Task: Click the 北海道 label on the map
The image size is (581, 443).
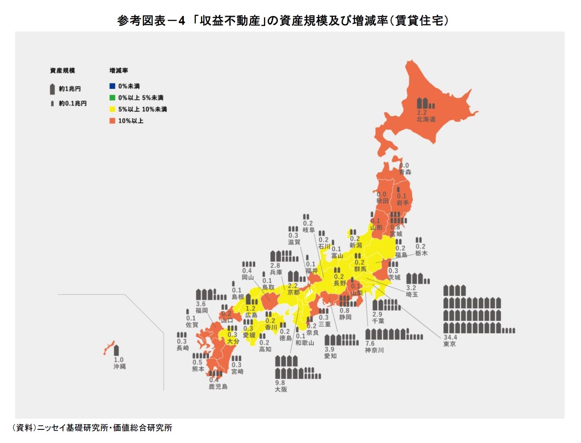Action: click(426, 119)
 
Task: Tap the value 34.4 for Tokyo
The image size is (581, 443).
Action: click(450, 337)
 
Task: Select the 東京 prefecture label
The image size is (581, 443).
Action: click(449, 344)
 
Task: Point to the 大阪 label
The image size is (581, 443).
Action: click(281, 389)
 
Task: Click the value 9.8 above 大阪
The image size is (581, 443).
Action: click(280, 383)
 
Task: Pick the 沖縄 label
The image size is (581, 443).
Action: click(119, 366)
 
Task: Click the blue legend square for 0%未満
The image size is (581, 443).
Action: click(112, 86)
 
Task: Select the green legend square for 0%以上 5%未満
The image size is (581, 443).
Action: click(112, 98)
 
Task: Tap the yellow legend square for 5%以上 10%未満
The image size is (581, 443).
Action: click(112, 109)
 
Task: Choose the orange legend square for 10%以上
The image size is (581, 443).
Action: click(112, 121)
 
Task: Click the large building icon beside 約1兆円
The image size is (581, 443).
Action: click(52, 89)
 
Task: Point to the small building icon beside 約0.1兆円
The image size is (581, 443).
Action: click(52, 104)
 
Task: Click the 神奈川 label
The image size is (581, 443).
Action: click(374, 350)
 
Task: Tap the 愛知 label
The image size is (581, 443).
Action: click(330, 356)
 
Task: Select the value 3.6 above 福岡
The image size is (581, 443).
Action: click(201, 304)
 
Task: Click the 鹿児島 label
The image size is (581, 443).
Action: click(218, 386)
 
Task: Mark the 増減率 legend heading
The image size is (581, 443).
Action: click(118, 71)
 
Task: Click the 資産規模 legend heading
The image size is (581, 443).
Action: click(62, 71)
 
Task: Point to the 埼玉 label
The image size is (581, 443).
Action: click(412, 294)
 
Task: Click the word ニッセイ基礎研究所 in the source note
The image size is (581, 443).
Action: click(73, 428)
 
